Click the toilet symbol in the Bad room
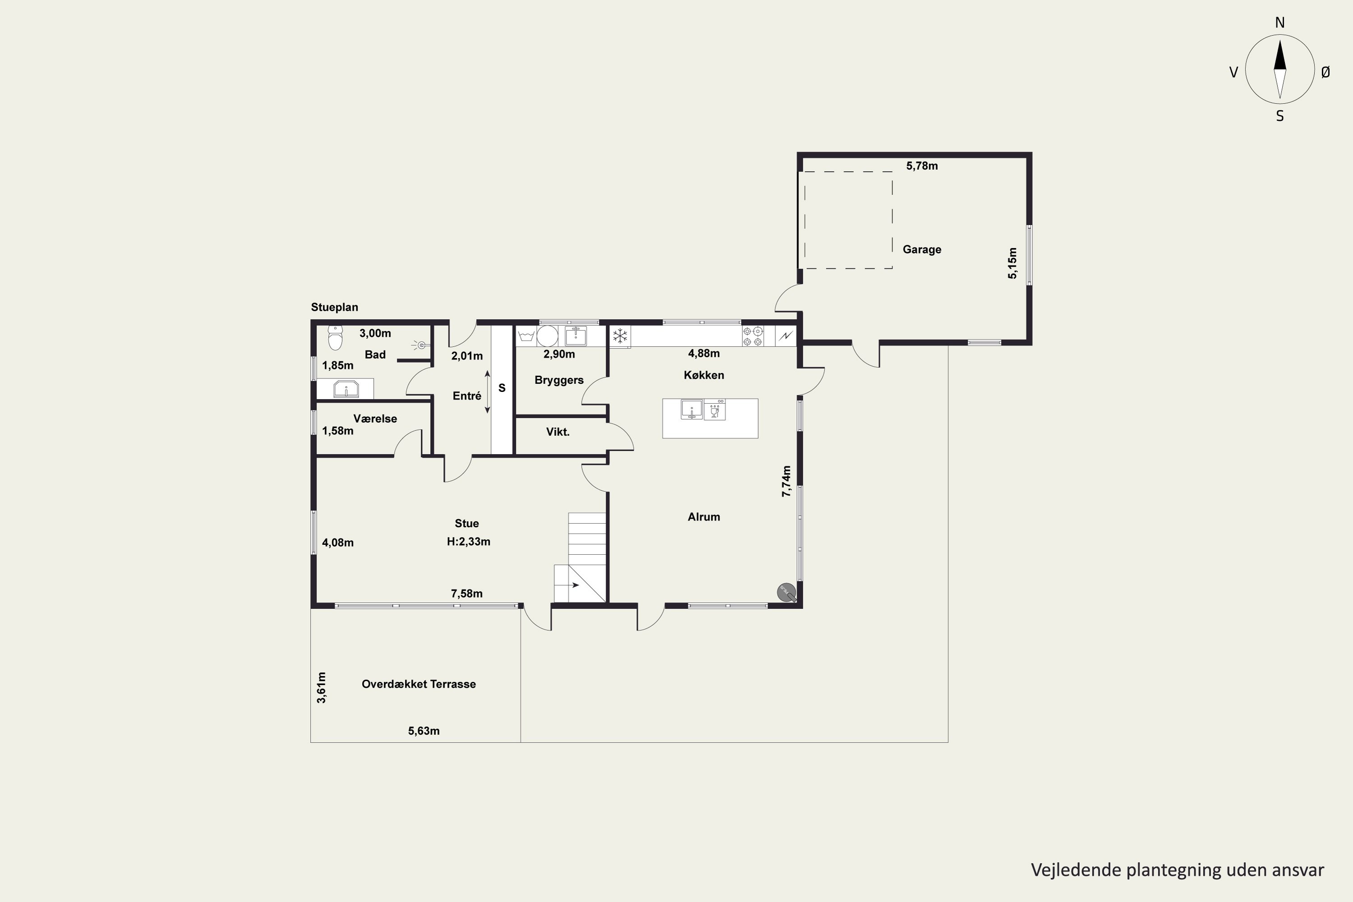pyautogui.click(x=335, y=338)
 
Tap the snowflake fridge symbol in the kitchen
pyautogui.click(x=620, y=336)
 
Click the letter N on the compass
pyautogui.click(x=1280, y=23)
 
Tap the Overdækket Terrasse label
pyautogui.click(x=419, y=684)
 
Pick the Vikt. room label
pyautogui.click(x=557, y=432)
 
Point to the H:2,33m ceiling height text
pyautogui.click(x=468, y=541)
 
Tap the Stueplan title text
pyautogui.click(x=334, y=307)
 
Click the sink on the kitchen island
pyautogui.click(x=691, y=410)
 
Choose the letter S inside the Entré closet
pyautogui.click(x=502, y=388)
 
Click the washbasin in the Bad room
pyautogui.click(x=346, y=389)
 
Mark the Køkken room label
pyautogui.click(x=704, y=375)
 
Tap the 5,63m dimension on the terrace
pyautogui.click(x=424, y=731)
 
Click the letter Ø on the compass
pyautogui.click(x=1325, y=72)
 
